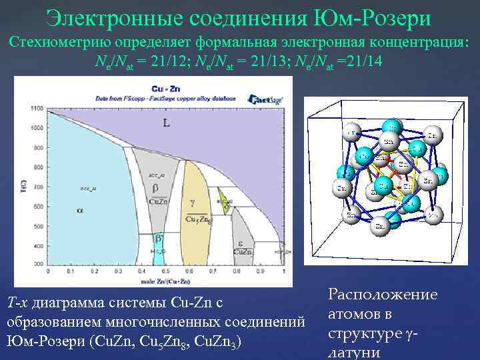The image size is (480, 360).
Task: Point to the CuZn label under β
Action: pos(159,201)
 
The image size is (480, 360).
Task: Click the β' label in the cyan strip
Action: pos(159,237)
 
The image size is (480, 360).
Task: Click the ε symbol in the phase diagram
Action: pos(240,243)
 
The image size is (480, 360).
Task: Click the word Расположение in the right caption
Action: pos(383,295)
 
